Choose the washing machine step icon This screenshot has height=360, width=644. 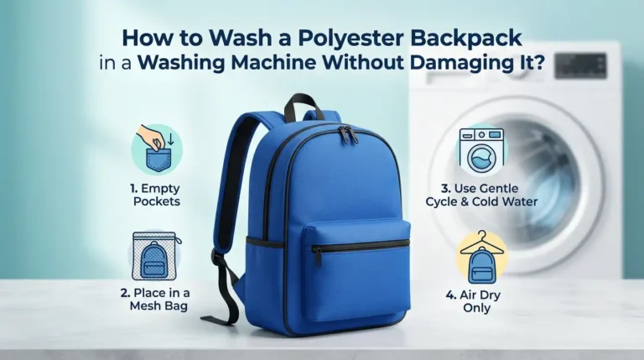[480, 151]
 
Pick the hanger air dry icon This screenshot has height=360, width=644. [481, 256]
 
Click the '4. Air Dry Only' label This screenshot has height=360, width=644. [481, 303]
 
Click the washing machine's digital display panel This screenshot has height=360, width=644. [579, 65]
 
